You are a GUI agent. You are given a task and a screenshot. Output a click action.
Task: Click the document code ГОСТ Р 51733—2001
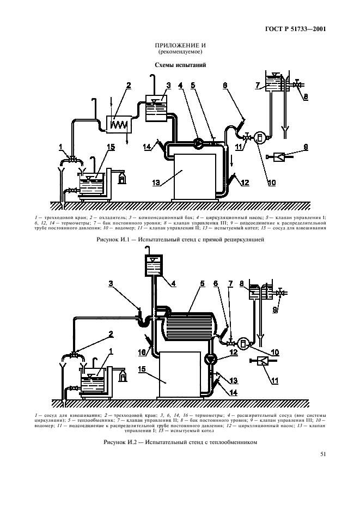(x=296, y=29)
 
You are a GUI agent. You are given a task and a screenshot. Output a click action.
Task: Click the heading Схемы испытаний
(x=180, y=65)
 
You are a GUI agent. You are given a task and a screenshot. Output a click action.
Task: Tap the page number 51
(x=323, y=454)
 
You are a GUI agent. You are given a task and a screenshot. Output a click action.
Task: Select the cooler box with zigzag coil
(x=119, y=124)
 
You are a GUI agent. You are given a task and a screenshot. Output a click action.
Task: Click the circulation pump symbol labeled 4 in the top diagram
(x=197, y=142)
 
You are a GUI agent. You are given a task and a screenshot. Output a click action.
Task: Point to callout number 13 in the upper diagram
(x=156, y=183)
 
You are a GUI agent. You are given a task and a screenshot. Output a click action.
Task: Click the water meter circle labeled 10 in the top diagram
(x=260, y=138)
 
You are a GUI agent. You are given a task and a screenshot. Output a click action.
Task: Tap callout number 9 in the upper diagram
(x=306, y=147)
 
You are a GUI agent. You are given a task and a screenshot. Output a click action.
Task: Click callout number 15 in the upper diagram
(x=111, y=147)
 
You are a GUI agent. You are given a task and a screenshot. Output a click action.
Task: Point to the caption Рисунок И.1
(x=180, y=240)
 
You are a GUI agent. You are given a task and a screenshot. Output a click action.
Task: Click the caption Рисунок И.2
(x=180, y=442)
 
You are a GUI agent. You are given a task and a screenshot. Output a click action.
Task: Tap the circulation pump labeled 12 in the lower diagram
(x=210, y=359)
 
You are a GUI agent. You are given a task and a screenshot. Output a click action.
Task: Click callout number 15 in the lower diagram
(x=142, y=369)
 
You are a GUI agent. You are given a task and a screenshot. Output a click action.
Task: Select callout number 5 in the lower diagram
(x=202, y=284)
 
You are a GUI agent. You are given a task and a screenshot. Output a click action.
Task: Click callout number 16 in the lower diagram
(x=142, y=353)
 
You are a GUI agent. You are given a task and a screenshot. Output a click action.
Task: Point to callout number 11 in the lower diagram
(x=275, y=380)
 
